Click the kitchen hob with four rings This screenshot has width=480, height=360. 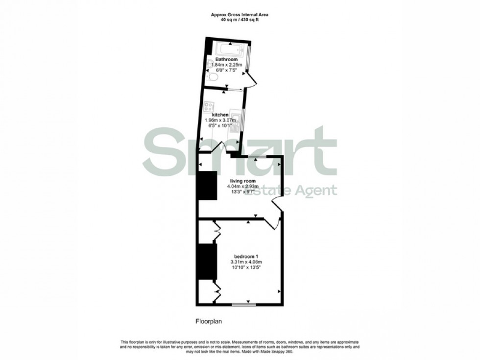pyautogui.click(x=209, y=106)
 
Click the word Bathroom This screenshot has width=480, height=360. pyautogui.click(x=226, y=59)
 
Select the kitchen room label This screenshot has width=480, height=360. pyautogui.click(x=220, y=115)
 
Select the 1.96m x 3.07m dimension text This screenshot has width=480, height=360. pyautogui.click(x=220, y=120)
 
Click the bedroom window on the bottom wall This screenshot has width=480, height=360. pyautogui.click(x=243, y=304)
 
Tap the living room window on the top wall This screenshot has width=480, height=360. pyautogui.click(x=256, y=156)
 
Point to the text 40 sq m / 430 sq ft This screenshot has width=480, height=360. pyautogui.click(x=240, y=20)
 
